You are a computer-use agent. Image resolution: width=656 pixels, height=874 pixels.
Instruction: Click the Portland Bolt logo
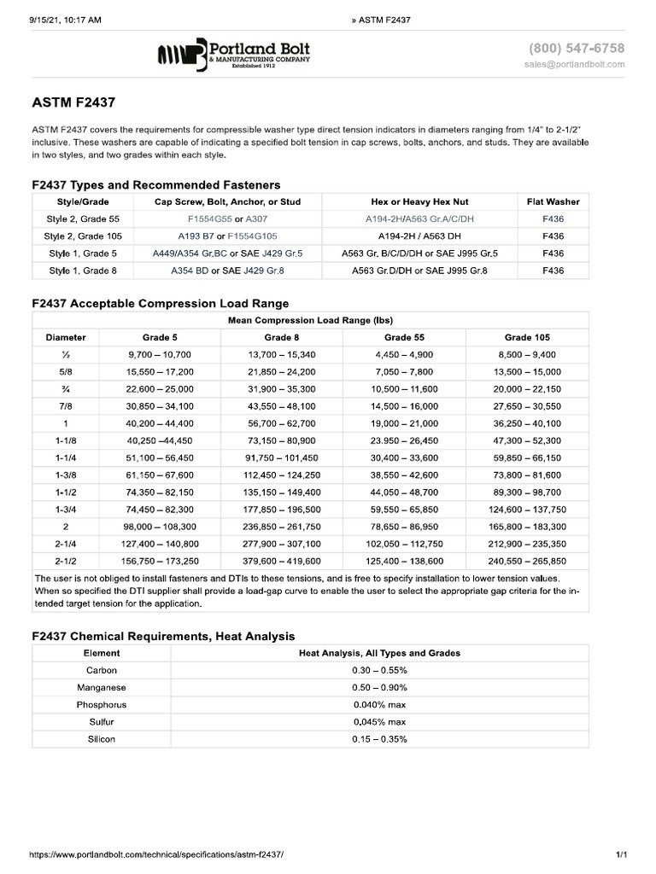[x=233, y=55]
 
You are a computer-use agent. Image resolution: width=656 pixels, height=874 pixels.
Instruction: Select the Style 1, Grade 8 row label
[x=83, y=271]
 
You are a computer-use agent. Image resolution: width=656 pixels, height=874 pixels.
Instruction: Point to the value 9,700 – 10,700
[x=160, y=354]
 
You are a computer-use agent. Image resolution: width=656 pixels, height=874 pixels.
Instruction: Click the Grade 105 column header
[x=527, y=337]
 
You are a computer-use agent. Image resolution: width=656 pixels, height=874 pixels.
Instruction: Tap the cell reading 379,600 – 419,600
[x=282, y=561]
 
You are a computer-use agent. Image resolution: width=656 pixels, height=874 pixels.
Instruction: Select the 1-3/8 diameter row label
[x=66, y=475]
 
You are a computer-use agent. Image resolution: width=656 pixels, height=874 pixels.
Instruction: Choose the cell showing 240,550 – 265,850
[x=527, y=561]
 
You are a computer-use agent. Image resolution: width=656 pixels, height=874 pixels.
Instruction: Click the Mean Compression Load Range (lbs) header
[x=310, y=320]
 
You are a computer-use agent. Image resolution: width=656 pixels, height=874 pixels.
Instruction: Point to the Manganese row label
[x=102, y=687]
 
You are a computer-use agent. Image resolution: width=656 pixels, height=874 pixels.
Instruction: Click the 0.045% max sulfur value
[x=379, y=721]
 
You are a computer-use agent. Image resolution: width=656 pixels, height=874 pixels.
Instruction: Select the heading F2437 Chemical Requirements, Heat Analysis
[x=163, y=636]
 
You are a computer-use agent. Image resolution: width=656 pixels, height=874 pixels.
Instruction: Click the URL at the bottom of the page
[x=155, y=854]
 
